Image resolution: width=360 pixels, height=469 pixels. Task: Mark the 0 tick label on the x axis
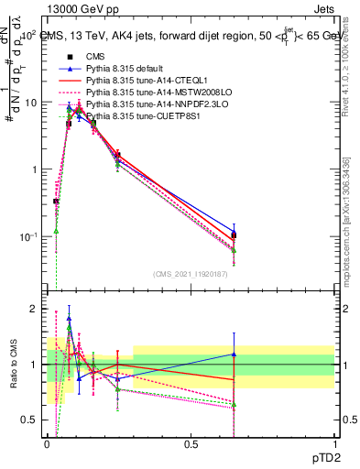click(x=47, y=444)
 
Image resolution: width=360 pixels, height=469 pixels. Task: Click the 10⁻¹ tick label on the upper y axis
click(x=29, y=236)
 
